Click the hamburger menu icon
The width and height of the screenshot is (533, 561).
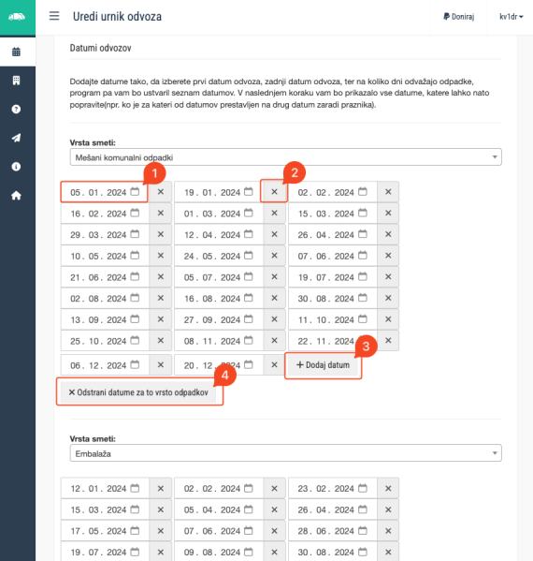coord(54,16)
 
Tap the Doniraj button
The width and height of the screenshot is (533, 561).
coord(459,17)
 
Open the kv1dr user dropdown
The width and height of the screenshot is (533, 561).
coord(511,17)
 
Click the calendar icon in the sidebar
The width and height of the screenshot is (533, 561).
coord(16,52)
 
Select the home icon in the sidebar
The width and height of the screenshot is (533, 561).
coord(16,196)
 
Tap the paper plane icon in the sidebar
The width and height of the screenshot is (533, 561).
coord(16,138)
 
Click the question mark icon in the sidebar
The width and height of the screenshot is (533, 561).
coord(16,110)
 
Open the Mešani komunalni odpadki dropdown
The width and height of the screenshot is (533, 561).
coord(286,157)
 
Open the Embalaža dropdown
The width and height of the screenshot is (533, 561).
coord(286,453)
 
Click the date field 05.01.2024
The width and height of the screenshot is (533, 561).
coord(105,192)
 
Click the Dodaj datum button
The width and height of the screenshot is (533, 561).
coord(323,365)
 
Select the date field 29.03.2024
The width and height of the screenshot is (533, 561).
coord(105,235)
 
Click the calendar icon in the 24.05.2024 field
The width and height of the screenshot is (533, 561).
coord(249,256)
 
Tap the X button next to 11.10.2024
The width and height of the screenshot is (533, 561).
coord(388,319)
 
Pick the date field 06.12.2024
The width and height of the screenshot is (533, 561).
coord(105,365)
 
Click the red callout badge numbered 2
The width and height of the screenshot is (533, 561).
coord(295,173)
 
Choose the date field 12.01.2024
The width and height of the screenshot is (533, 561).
coord(105,488)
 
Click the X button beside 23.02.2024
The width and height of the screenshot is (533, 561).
coord(388,488)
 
